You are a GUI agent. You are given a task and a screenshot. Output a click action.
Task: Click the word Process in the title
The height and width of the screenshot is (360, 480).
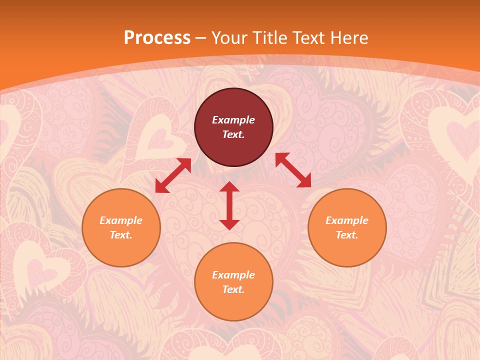tap(157, 38)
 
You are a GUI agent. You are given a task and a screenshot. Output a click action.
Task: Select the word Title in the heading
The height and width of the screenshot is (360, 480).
tap(272, 38)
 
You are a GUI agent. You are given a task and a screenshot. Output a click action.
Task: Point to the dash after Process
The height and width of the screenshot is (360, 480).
tap(200, 38)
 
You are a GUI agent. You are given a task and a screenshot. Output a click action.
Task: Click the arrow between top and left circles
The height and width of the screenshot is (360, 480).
tap(173, 175)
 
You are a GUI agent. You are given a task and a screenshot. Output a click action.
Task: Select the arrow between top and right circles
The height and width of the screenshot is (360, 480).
tap(293, 170)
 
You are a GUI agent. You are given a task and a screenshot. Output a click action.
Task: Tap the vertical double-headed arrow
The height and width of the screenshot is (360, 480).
tap(229, 205)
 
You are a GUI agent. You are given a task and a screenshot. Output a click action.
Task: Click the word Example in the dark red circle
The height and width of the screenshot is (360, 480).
tap(233, 120)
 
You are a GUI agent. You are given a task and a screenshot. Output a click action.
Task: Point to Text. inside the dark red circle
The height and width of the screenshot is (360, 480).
tap(233, 134)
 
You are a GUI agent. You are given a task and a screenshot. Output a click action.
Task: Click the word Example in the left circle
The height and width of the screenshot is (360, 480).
tap(121, 220)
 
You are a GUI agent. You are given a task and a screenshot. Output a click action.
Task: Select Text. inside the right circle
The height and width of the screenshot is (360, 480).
tap(347, 235)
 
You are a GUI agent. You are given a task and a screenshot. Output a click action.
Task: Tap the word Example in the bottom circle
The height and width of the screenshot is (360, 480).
tap(233, 275)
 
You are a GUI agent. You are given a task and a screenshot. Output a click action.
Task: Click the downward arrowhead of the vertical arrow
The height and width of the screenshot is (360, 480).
tap(229, 224)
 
